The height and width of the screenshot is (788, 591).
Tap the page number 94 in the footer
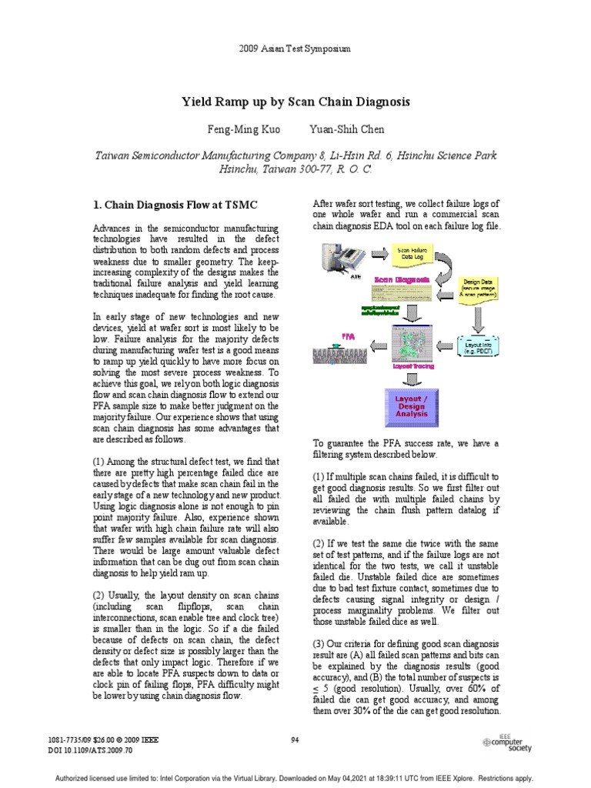295,740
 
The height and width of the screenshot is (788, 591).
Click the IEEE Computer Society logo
508,741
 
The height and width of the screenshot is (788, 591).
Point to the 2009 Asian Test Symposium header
295,48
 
